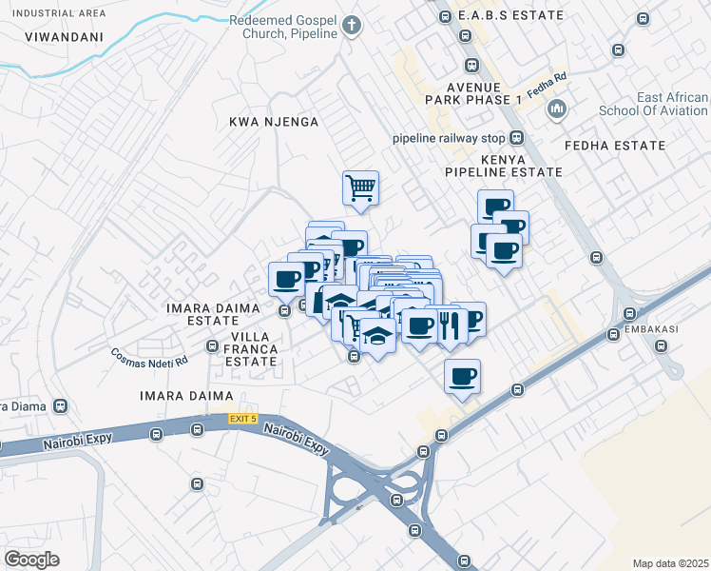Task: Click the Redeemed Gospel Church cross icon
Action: [x=353, y=25]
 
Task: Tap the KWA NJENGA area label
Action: [x=273, y=123]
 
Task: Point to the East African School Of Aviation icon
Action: [x=556, y=110]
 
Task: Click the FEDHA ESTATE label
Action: [x=614, y=146]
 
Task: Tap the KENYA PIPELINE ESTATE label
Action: [x=503, y=166]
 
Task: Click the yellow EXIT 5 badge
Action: [x=242, y=419]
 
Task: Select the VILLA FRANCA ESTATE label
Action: [x=250, y=349]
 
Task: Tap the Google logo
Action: [x=31, y=560]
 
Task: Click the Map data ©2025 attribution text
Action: [x=670, y=563]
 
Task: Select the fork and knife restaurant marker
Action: [x=450, y=325]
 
